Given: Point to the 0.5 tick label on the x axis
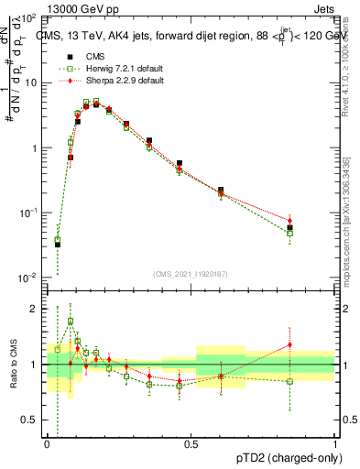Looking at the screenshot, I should pyautogui.click(x=191, y=444).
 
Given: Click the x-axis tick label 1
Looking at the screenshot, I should pyautogui.click(x=335, y=444).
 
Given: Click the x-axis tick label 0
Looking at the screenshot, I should pyautogui.click(x=47, y=444).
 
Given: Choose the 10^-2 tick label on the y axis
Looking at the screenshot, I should pyautogui.click(x=27, y=278).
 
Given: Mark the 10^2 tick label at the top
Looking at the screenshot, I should pyautogui.click(x=27, y=18).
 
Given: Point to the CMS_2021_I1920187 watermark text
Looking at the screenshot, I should pyautogui.click(x=191, y=274).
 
